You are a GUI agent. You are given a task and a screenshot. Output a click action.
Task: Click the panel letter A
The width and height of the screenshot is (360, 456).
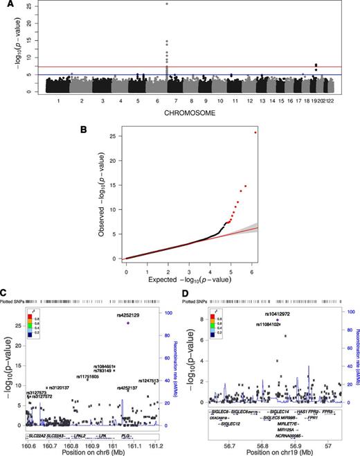(7, 6)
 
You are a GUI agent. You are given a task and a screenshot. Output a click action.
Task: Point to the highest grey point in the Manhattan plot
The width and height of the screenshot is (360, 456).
(167, 4)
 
